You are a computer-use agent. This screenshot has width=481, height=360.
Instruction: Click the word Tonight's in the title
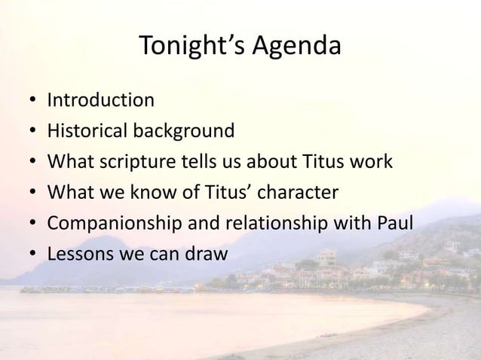click(195, 47)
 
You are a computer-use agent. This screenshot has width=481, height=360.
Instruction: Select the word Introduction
click(101, 99)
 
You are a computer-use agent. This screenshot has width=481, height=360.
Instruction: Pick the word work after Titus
click(371, 162)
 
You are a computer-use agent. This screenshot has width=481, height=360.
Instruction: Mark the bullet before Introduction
click(27, 100)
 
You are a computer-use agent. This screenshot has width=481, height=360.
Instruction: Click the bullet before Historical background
click(27, 132)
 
